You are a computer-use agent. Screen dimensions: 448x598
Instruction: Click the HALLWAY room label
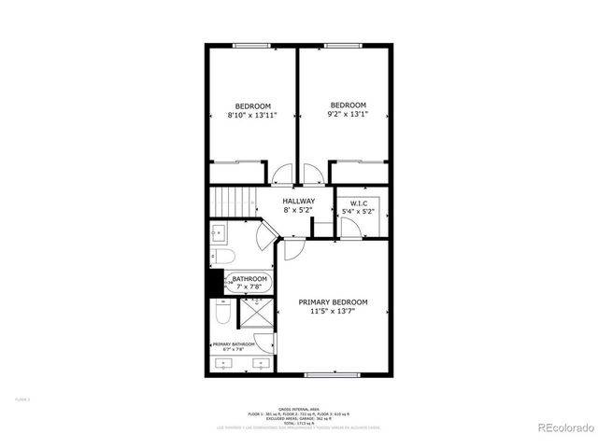pyautogui.click(x=299, y=201)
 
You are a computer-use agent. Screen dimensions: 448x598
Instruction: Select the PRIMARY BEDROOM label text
pyautogui.click(x=333, y=302)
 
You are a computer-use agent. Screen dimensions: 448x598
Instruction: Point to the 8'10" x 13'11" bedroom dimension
pyautogui.click(x=252, y=115)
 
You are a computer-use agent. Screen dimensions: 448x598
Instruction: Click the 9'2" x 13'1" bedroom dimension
pyautogui.click(x=348, y=115)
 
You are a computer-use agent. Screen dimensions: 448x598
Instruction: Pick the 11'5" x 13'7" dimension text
pyautogui.click(x=333, y=312)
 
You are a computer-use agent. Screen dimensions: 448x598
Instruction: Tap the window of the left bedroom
pyautogui.click(x=251, y=46)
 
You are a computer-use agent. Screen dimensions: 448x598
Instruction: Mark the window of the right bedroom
pyautogui.click(x=345, y=46)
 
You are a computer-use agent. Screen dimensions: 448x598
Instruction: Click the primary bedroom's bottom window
pyautogui.click(x=333, y=375)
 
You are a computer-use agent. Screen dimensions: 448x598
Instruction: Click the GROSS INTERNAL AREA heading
pyautogui.click(x=298, y=408)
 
